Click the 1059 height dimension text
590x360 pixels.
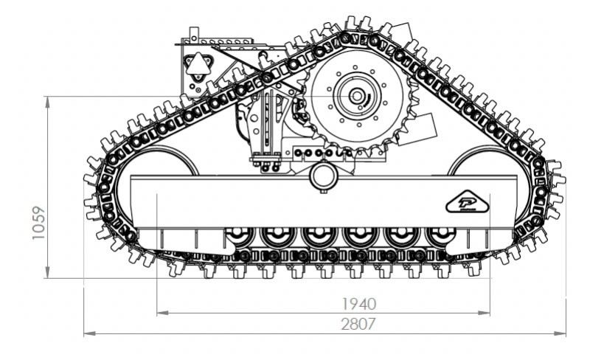pos(38,223)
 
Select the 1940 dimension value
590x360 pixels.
pos(358,304)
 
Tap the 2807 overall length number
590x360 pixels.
pos(358,324)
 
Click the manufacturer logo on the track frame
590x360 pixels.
pos(467,202)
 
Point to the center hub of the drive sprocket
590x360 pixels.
pos(356,96)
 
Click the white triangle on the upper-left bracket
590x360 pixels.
pos(198,64)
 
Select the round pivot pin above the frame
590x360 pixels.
pos(323,176)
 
